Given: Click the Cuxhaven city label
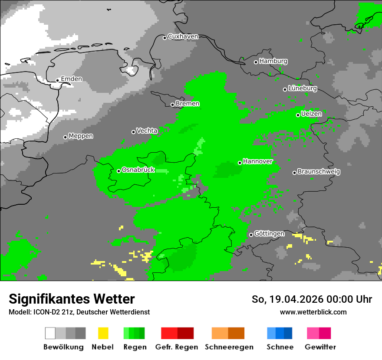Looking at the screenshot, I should click(x=183, y=37).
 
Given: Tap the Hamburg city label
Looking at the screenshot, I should click(x=273, y=61).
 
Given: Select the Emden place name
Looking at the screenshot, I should click(x=71, y=79).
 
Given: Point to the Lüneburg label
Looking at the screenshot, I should click(x=303, y=88).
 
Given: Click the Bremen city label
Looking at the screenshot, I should click(x=188, y=104).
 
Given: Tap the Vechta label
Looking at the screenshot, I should click(x=147, y=131).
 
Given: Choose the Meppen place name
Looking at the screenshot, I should click(x=81, y=136).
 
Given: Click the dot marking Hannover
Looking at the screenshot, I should click(x=240, y=163).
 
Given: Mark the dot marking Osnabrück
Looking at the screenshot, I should click(x=119, y=171).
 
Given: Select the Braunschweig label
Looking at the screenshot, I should click(x=319, y=172).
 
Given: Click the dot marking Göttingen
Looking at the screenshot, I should click(x=251, y=235).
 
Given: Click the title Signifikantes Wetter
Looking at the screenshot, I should click(x=72, y=299).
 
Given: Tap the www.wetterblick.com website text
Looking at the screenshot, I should click(x=313, y=312).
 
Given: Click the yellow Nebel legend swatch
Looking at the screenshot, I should click(x=103, y=333).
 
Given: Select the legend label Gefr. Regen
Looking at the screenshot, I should click(x=177, y=347).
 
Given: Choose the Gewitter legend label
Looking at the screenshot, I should click(x=320, y=347).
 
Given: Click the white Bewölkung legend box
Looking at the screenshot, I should click(x=50, y=333).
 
